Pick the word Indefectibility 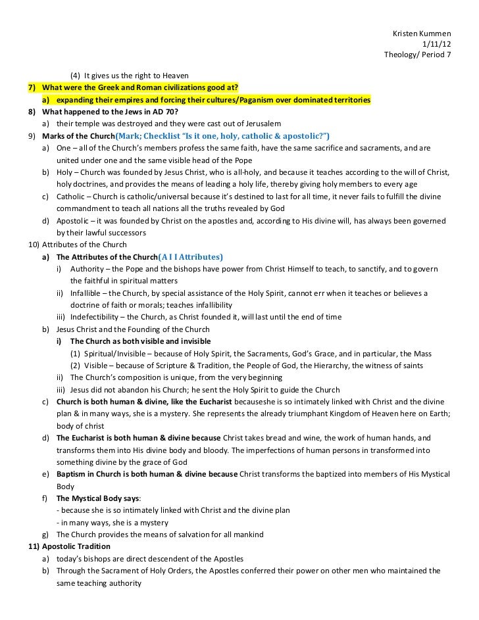[x=97, y=317]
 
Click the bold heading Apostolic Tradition [x=76, y=546]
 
